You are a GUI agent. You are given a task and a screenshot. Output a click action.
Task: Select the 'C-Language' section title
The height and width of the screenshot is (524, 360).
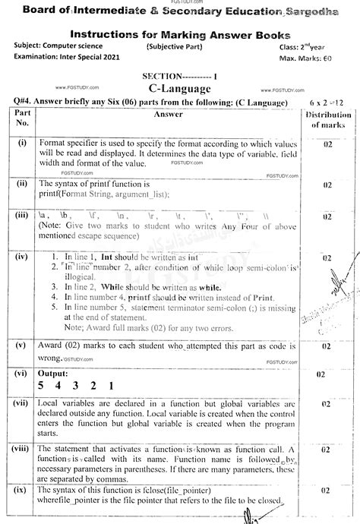pos(179,90)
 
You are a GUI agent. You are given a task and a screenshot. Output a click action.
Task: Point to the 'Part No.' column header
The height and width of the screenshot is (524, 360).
pos(22,117)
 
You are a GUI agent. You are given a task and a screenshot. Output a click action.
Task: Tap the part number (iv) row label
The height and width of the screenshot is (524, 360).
pos(22,257)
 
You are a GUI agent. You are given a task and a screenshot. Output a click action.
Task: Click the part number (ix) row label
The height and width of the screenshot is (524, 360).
pos(22,495)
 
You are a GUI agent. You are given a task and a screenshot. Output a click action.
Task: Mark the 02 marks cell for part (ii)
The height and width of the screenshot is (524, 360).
pos(327,185)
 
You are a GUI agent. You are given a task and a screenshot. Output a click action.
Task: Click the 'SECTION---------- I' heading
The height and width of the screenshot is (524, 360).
pos(179,77)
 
